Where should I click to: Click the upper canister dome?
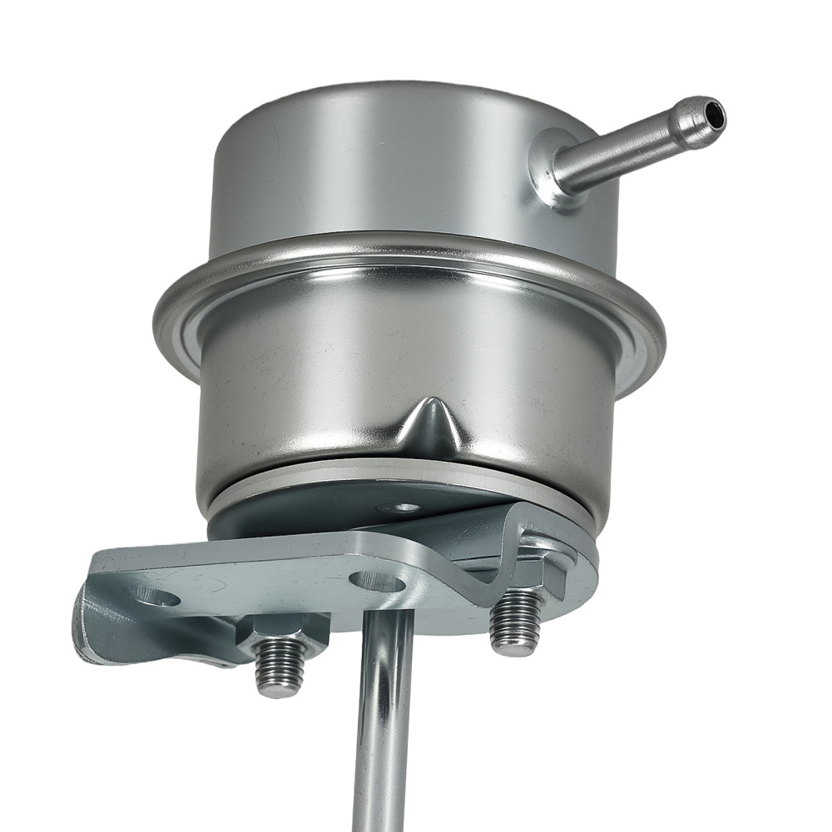point(374,166)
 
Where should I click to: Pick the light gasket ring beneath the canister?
point(275,491)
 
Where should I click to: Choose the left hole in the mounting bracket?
point(157,596)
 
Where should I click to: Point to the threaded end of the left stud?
point(280,669)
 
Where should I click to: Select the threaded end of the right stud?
point(516,624)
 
